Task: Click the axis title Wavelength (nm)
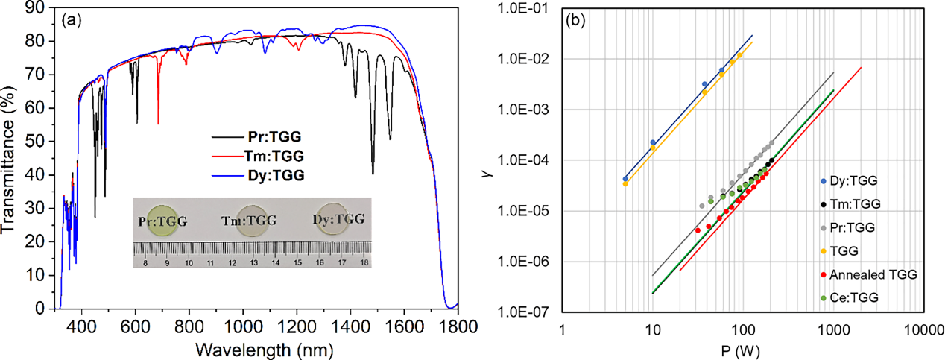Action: click(257, 347)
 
